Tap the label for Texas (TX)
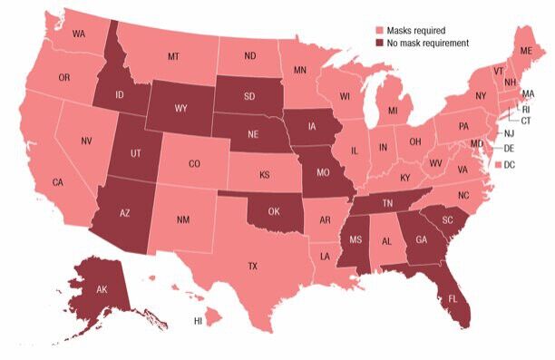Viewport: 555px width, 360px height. coord(252,267)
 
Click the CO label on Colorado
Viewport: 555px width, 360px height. coord(194,164)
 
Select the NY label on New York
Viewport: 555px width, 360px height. coord(481,95)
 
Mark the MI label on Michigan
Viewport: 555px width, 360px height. coord(393,111)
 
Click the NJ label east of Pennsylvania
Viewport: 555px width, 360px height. coord(510,132)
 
